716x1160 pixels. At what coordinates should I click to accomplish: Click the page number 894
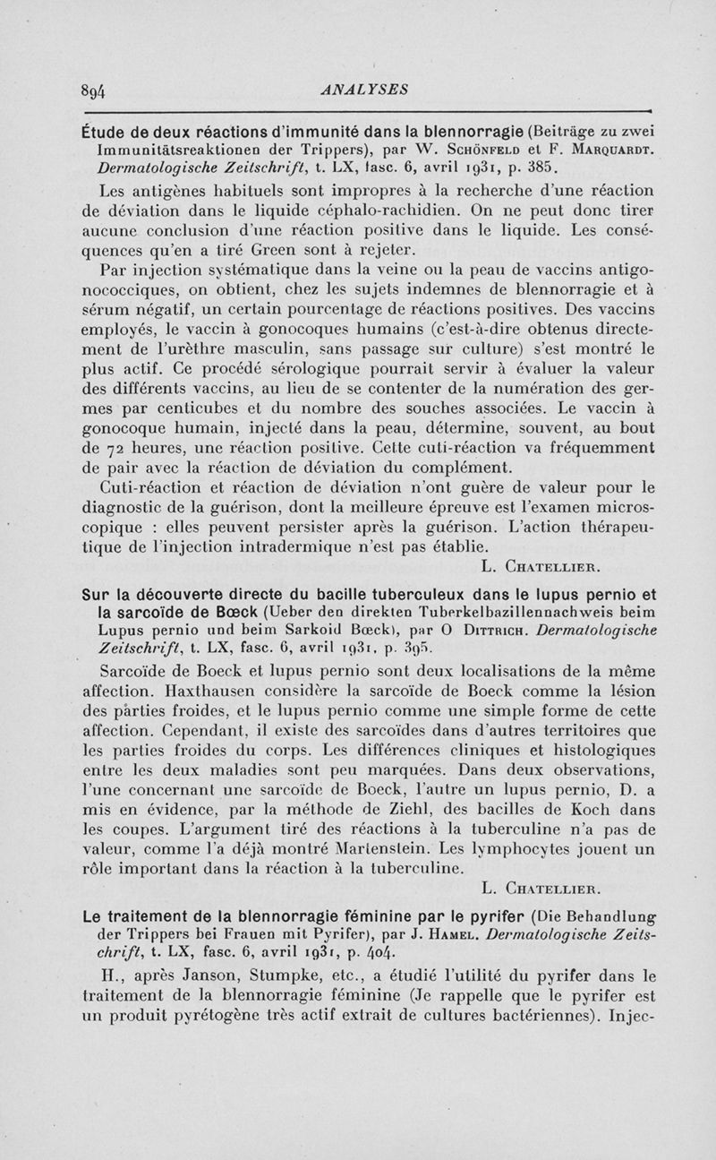click(x=93, y=90)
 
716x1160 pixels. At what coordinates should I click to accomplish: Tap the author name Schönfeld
click(x=480, y=150)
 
